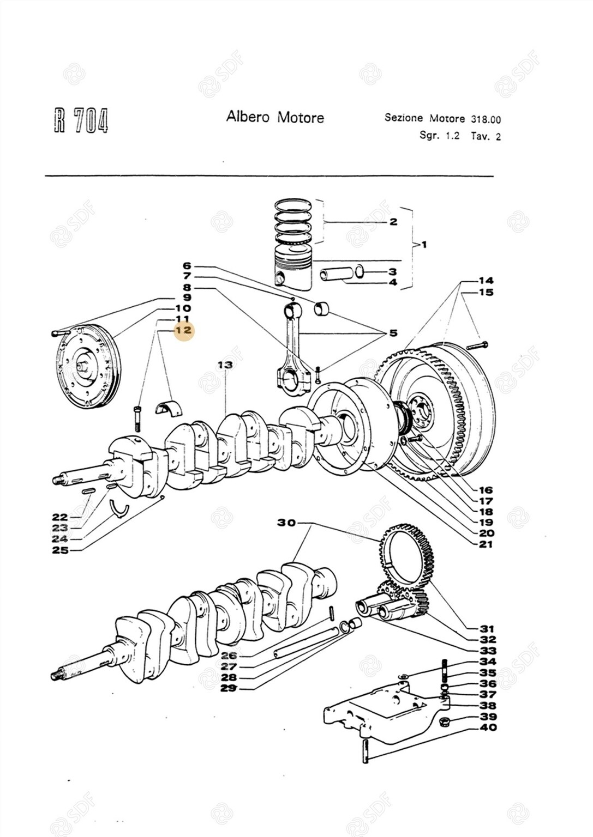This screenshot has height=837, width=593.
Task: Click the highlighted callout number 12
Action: pos(183,330)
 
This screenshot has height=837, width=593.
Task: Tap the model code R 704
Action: pos(81,120)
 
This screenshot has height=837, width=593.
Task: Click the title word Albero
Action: pos(248,117)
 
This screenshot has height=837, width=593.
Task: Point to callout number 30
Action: pos(286,523)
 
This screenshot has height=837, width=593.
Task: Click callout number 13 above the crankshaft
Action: pos(225,365)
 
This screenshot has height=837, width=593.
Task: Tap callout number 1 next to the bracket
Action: pos(424,245)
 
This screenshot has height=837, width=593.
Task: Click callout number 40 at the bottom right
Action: pos(488,727)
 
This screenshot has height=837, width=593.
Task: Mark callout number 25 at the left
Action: pos(61,550)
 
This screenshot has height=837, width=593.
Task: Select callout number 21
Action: pos(486,544)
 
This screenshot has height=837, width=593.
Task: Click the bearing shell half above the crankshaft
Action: pos(169,406)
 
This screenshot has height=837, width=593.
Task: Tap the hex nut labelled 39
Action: pos(445,722)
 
